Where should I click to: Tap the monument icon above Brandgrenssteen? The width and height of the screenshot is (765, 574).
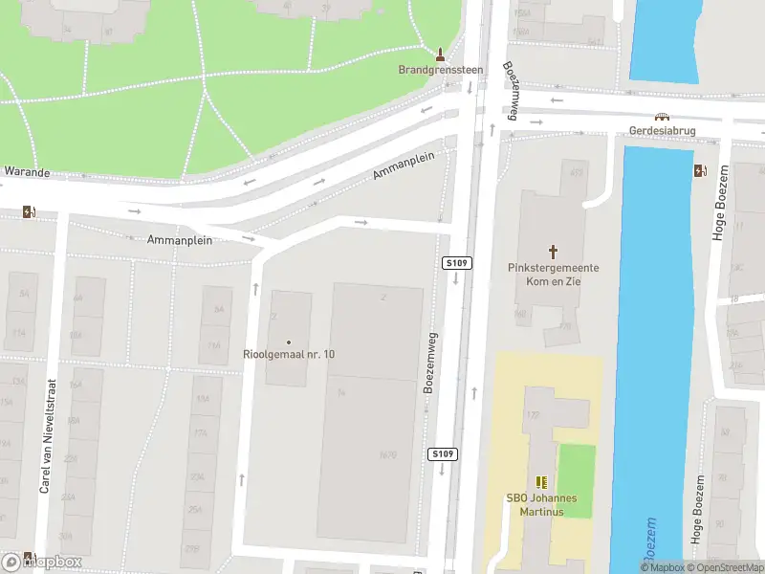point(441,53)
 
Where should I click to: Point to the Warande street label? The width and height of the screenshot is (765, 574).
point(26,172)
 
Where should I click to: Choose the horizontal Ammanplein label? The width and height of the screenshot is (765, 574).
point(180,240)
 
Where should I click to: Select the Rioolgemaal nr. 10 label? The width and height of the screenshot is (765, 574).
point(289,354)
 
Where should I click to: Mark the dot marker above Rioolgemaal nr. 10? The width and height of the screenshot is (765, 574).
point(289,342)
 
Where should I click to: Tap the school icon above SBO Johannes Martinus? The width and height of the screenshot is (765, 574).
point(541,483)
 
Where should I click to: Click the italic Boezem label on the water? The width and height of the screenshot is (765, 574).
point(648,540)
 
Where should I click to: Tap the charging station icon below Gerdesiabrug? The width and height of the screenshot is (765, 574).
point(700,171)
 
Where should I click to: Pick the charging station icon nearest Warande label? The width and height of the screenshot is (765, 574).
point(30,212)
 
